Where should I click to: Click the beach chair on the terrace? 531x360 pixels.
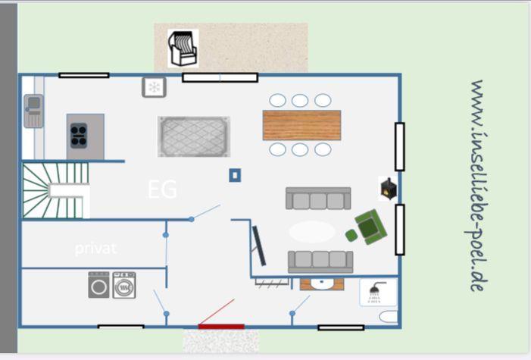click(x=183, y=49)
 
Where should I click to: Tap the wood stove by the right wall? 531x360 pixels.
click(x=388, y=189)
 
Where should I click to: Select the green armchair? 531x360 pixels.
click(x=370, y=227)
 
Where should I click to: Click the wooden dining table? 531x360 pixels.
click(x=301, y=125)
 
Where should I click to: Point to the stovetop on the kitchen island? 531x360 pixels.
click(x=79, y=136)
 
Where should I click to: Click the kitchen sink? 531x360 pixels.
click(x=33, y=111)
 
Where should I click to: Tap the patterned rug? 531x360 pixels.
click(x=194, y=136)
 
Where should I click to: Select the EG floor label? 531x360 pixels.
click(x=163, y=189)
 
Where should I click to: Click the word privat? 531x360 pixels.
click(x=96, y=249)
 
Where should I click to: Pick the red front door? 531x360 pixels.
click(x=221, y=327)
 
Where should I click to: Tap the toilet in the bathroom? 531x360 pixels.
click(x=389, y=317)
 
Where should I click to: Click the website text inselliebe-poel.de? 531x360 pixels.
click(x=476, y=186)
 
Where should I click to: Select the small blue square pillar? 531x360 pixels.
click(x=235, y=175)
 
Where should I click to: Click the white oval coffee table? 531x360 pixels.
click(x=311, y=231)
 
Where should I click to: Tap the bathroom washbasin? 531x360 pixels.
click(x=322, y=284)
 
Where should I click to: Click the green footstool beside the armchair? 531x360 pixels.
click(x=352, y=235)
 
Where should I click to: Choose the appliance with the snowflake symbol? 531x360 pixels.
click(x=154, y=87)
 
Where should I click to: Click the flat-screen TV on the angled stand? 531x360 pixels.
click(x=259, y=246)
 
